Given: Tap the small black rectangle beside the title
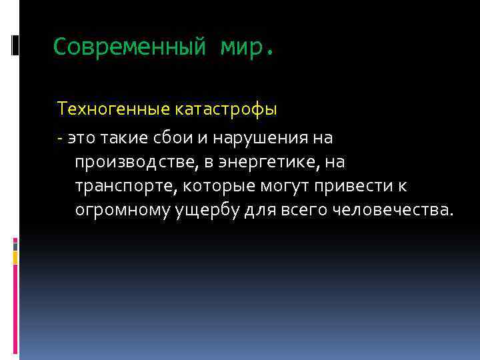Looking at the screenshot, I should tap(15, 45).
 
